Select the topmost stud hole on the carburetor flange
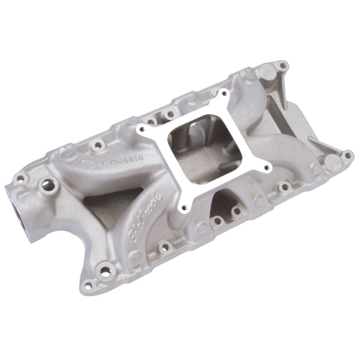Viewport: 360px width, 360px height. click(x=223, y=94)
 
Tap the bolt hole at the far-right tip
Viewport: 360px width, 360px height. click(x=348, y=155)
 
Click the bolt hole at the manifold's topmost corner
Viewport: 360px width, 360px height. click(x=282, y=67)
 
